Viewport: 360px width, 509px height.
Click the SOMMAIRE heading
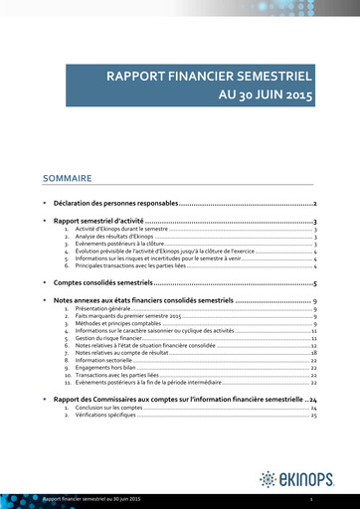point(68,179)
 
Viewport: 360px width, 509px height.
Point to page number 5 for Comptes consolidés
point(315,283)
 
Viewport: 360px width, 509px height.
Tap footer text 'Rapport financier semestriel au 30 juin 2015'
point(91,497)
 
